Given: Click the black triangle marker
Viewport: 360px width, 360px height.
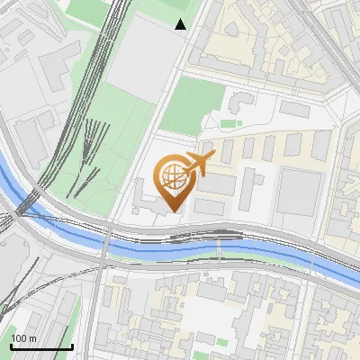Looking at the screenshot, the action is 181,24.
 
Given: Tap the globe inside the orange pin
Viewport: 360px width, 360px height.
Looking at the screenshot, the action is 172,175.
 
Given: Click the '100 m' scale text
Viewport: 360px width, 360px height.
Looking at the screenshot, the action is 23,338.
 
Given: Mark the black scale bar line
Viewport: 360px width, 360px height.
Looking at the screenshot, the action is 41,346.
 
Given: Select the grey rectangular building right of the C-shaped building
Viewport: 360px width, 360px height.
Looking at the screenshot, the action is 294,108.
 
